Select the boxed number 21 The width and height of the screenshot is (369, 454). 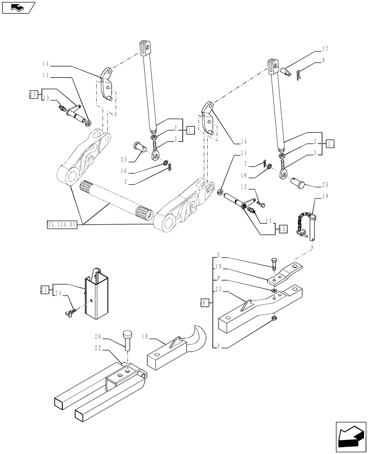tap(44, 289)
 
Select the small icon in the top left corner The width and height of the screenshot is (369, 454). tap(18, 8)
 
